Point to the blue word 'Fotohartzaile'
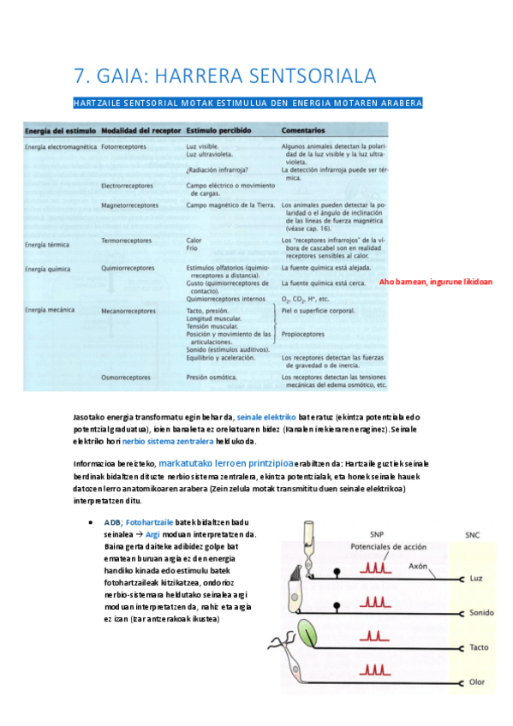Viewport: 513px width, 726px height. pos(152,521)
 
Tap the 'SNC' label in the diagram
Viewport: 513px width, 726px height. pos(474,533)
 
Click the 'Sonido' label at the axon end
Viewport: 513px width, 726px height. pos(482,613)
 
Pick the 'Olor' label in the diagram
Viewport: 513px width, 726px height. pos(479,681)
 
